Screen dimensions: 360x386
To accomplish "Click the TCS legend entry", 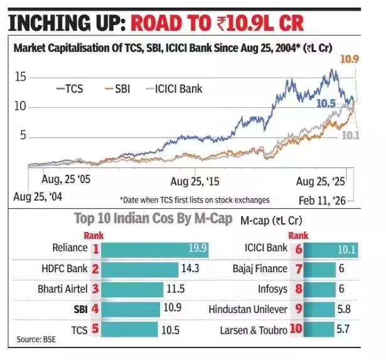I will [x=71, y=88].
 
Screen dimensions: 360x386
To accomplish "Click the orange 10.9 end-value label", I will [x=348, y=60].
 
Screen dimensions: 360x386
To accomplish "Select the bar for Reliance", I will [x=154, y=248].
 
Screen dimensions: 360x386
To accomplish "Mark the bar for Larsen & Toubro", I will [x=334, y=330].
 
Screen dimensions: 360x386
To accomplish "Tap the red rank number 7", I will [x=299, y=268].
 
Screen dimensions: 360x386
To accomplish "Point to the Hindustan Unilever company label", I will [x=250, y=310].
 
